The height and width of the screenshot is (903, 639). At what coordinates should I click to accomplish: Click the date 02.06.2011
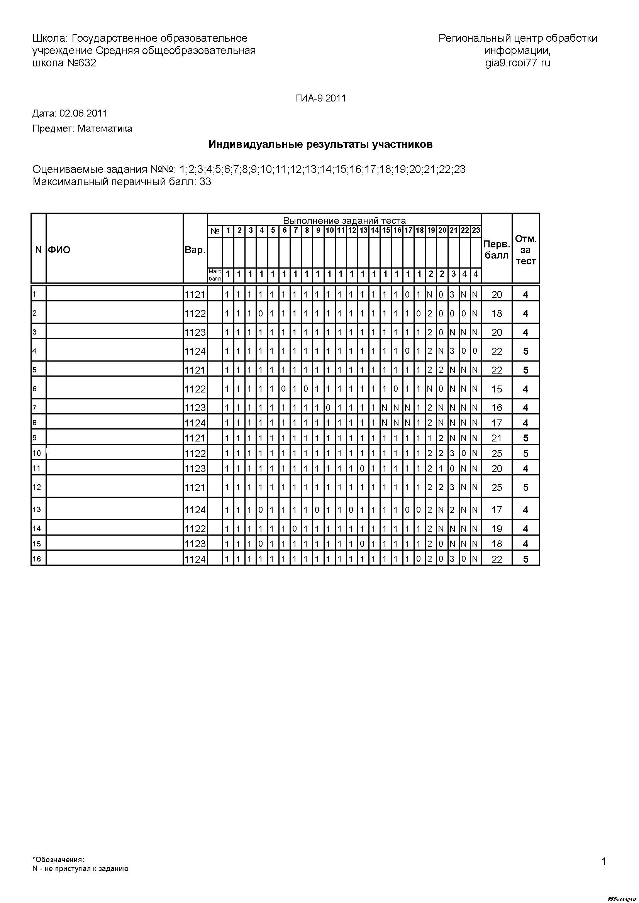83,114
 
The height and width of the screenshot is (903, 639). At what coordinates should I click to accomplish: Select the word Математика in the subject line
105,129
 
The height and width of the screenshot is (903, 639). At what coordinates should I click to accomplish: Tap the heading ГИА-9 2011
321,98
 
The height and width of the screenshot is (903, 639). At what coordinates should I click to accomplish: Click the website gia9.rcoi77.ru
517,63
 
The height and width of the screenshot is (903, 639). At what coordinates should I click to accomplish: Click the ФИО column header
59,250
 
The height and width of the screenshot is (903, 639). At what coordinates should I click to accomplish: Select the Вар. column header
195,250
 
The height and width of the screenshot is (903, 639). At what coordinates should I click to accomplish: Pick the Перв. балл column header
497,250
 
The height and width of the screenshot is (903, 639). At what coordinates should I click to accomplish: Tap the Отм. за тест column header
526,250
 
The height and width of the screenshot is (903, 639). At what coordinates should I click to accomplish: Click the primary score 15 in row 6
497,389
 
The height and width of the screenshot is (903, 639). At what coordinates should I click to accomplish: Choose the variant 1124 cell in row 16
195,559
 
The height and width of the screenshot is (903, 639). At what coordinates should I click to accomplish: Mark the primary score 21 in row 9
497,438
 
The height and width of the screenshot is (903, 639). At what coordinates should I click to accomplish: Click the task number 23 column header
476,230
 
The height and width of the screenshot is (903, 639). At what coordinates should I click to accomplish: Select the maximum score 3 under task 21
453,274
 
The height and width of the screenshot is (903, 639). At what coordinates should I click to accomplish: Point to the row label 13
37,510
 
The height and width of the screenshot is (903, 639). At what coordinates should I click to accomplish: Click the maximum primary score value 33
205,182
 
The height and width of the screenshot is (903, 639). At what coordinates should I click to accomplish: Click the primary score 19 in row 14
497,529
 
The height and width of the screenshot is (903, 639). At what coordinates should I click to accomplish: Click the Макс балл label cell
215,275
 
